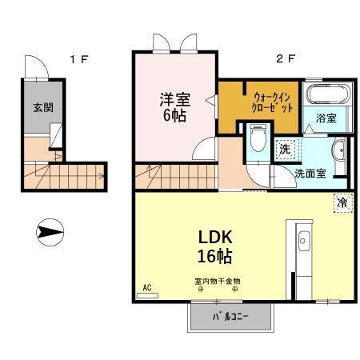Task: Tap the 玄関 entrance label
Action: [38, 107]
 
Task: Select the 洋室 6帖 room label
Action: [174, 107]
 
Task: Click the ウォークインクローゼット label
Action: [271, 101]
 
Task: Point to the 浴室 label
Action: [325, 118]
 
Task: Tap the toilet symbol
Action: [258, 140]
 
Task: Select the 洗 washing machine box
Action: [285, 148]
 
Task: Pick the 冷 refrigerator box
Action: [342, 203]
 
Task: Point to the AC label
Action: [147, 286]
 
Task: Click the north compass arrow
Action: [50, 234]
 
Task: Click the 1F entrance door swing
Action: [37, 69]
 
